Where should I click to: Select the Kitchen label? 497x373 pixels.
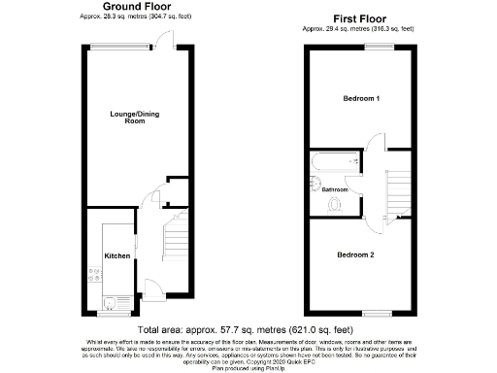tap(117, 255)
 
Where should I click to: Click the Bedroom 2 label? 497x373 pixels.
tap(355, 254)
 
